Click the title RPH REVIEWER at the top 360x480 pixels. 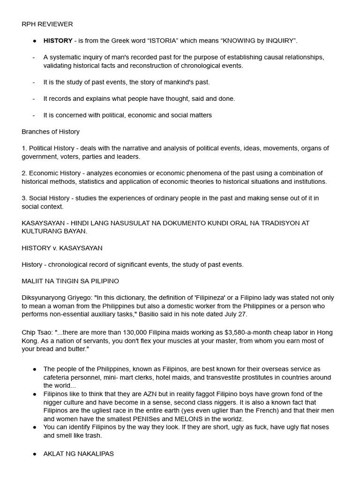click(47, 24)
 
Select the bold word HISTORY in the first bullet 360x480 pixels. click(58, 41)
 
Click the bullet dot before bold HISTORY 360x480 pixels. click(35, 41)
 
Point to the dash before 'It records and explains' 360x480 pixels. click(34, 98)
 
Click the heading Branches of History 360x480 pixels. click(51, 132)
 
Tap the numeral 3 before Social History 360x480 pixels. click(24, 198)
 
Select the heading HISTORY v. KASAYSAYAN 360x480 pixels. click(62, 248)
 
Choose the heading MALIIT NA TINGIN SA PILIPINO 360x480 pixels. click(70, 281)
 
